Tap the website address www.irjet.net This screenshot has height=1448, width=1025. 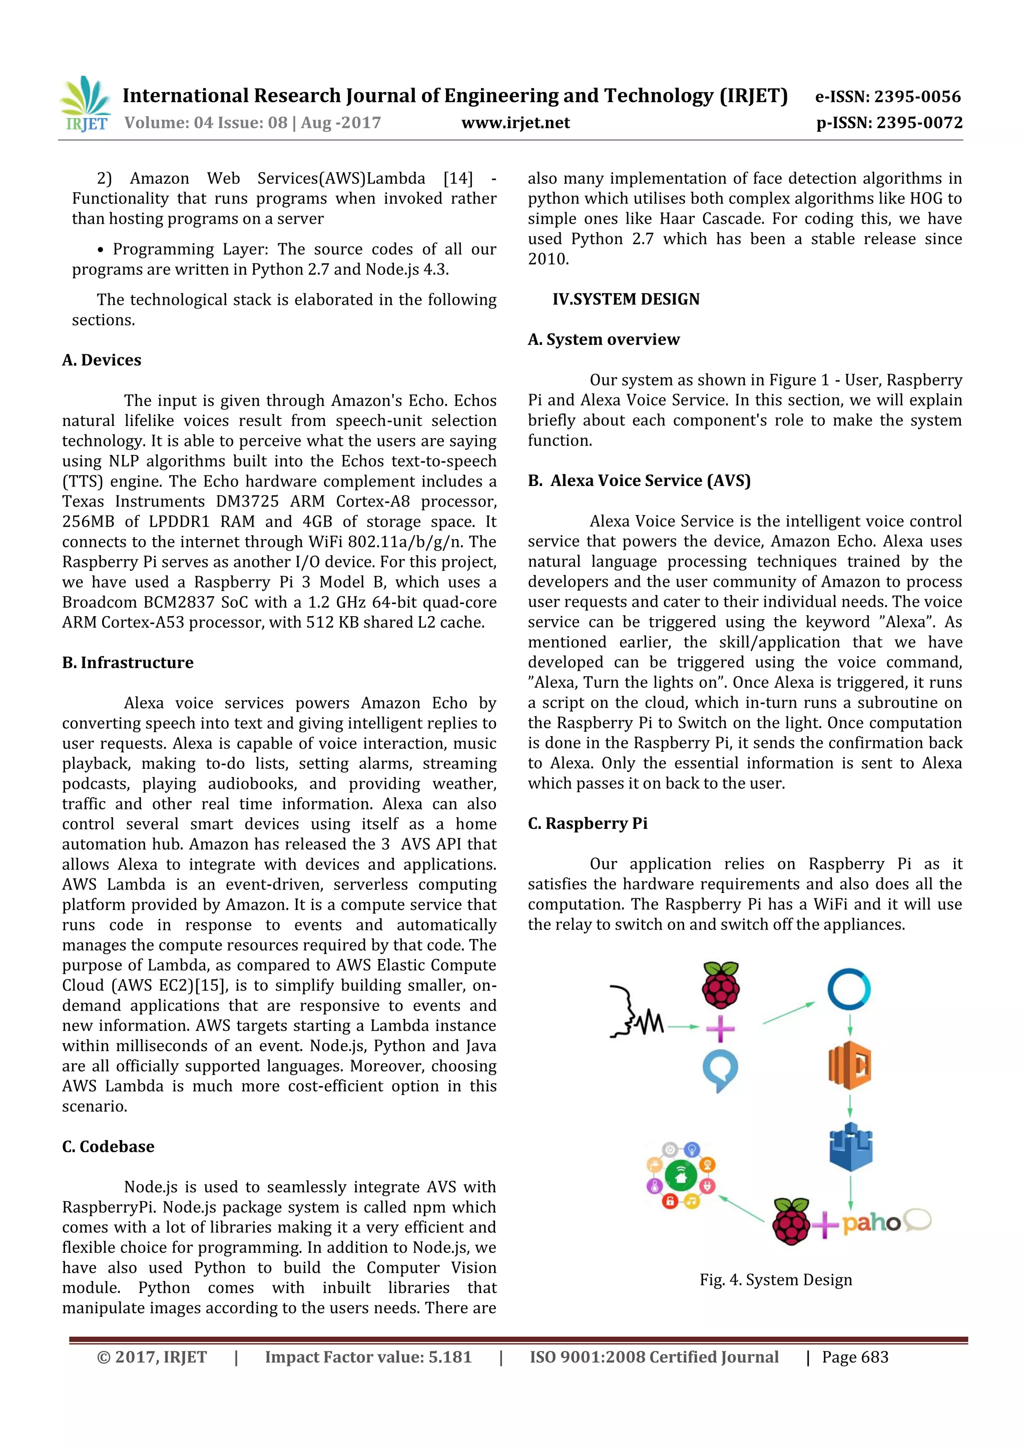pyautogui.click(x=515, y=123)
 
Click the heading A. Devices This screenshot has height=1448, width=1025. pyautogui.click(x=102, y=360)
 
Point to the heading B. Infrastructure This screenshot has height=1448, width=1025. pyautogui.click(x=128, y=662)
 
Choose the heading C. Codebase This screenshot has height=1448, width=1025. pyautogui.click(x=108, y=1146)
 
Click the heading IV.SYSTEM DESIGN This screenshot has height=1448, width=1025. pyautogui.click(x=626, y=299)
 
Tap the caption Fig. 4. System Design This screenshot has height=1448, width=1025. pyautogui.click(x=775, y=1279)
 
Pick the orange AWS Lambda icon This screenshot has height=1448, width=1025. pyautogui.click(x=849, y=1065)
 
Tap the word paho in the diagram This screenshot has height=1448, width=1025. pyautogui.click(x=871, y=1223)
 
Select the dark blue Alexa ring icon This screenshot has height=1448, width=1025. pyautogui.click(x=849, y=989)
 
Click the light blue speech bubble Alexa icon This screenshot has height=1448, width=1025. pyautogui.click(x=720, y=1070)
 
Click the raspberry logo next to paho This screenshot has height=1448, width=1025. pyautogui.click(x=791, y=1221)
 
